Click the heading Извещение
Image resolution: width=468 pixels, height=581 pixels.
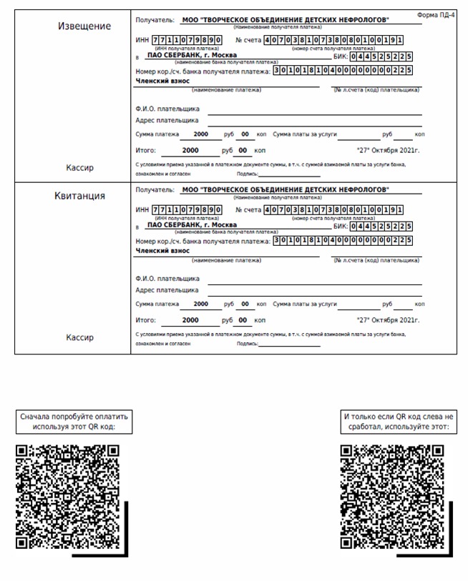click(x=84, y=26)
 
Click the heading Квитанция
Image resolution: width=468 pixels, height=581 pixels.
click(x=80, y=196)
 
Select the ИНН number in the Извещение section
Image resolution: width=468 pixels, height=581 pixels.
click(x=187, y=40)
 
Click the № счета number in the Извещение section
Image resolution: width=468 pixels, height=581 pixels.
click(x=333, y=40)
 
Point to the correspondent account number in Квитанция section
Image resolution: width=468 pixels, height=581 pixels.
click(x=343, y=240)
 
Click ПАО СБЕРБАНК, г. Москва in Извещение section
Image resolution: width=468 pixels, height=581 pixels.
click(x=191, y=54)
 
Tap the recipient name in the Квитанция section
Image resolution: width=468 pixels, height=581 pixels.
click(x=286, y=190)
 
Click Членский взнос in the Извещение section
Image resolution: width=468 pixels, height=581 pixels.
click(x=162, y=81)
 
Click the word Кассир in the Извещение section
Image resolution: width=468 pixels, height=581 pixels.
click(x=79, y=168)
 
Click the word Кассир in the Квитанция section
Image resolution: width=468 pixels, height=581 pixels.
click(x=79, y=337)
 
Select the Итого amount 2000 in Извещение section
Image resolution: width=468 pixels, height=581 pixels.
click(x=190, y=151)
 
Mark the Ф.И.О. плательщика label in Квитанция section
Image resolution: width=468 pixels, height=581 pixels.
click(x=167, y=279)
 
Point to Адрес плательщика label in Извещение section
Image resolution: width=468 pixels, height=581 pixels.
click(x=167, y=121)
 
